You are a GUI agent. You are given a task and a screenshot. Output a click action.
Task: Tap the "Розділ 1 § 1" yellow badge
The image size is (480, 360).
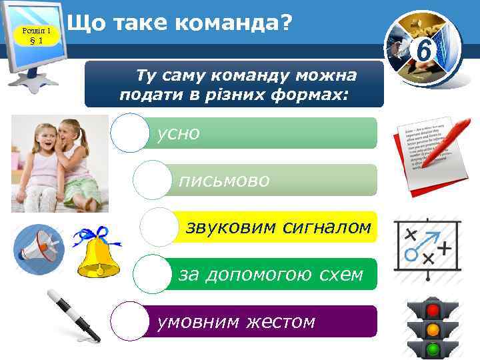tap(37, 35)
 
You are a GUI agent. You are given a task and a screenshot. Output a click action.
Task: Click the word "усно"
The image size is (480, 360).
tap(178, 133)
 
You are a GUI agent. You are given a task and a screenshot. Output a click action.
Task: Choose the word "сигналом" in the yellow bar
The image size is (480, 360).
tap(327, 227)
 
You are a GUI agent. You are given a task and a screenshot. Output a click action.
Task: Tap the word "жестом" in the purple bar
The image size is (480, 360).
tap(280, 322)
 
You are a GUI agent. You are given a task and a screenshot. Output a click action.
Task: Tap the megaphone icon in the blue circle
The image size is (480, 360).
tap(39, 247)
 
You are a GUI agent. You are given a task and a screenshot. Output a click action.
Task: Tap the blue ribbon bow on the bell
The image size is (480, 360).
tap(93, 235)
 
